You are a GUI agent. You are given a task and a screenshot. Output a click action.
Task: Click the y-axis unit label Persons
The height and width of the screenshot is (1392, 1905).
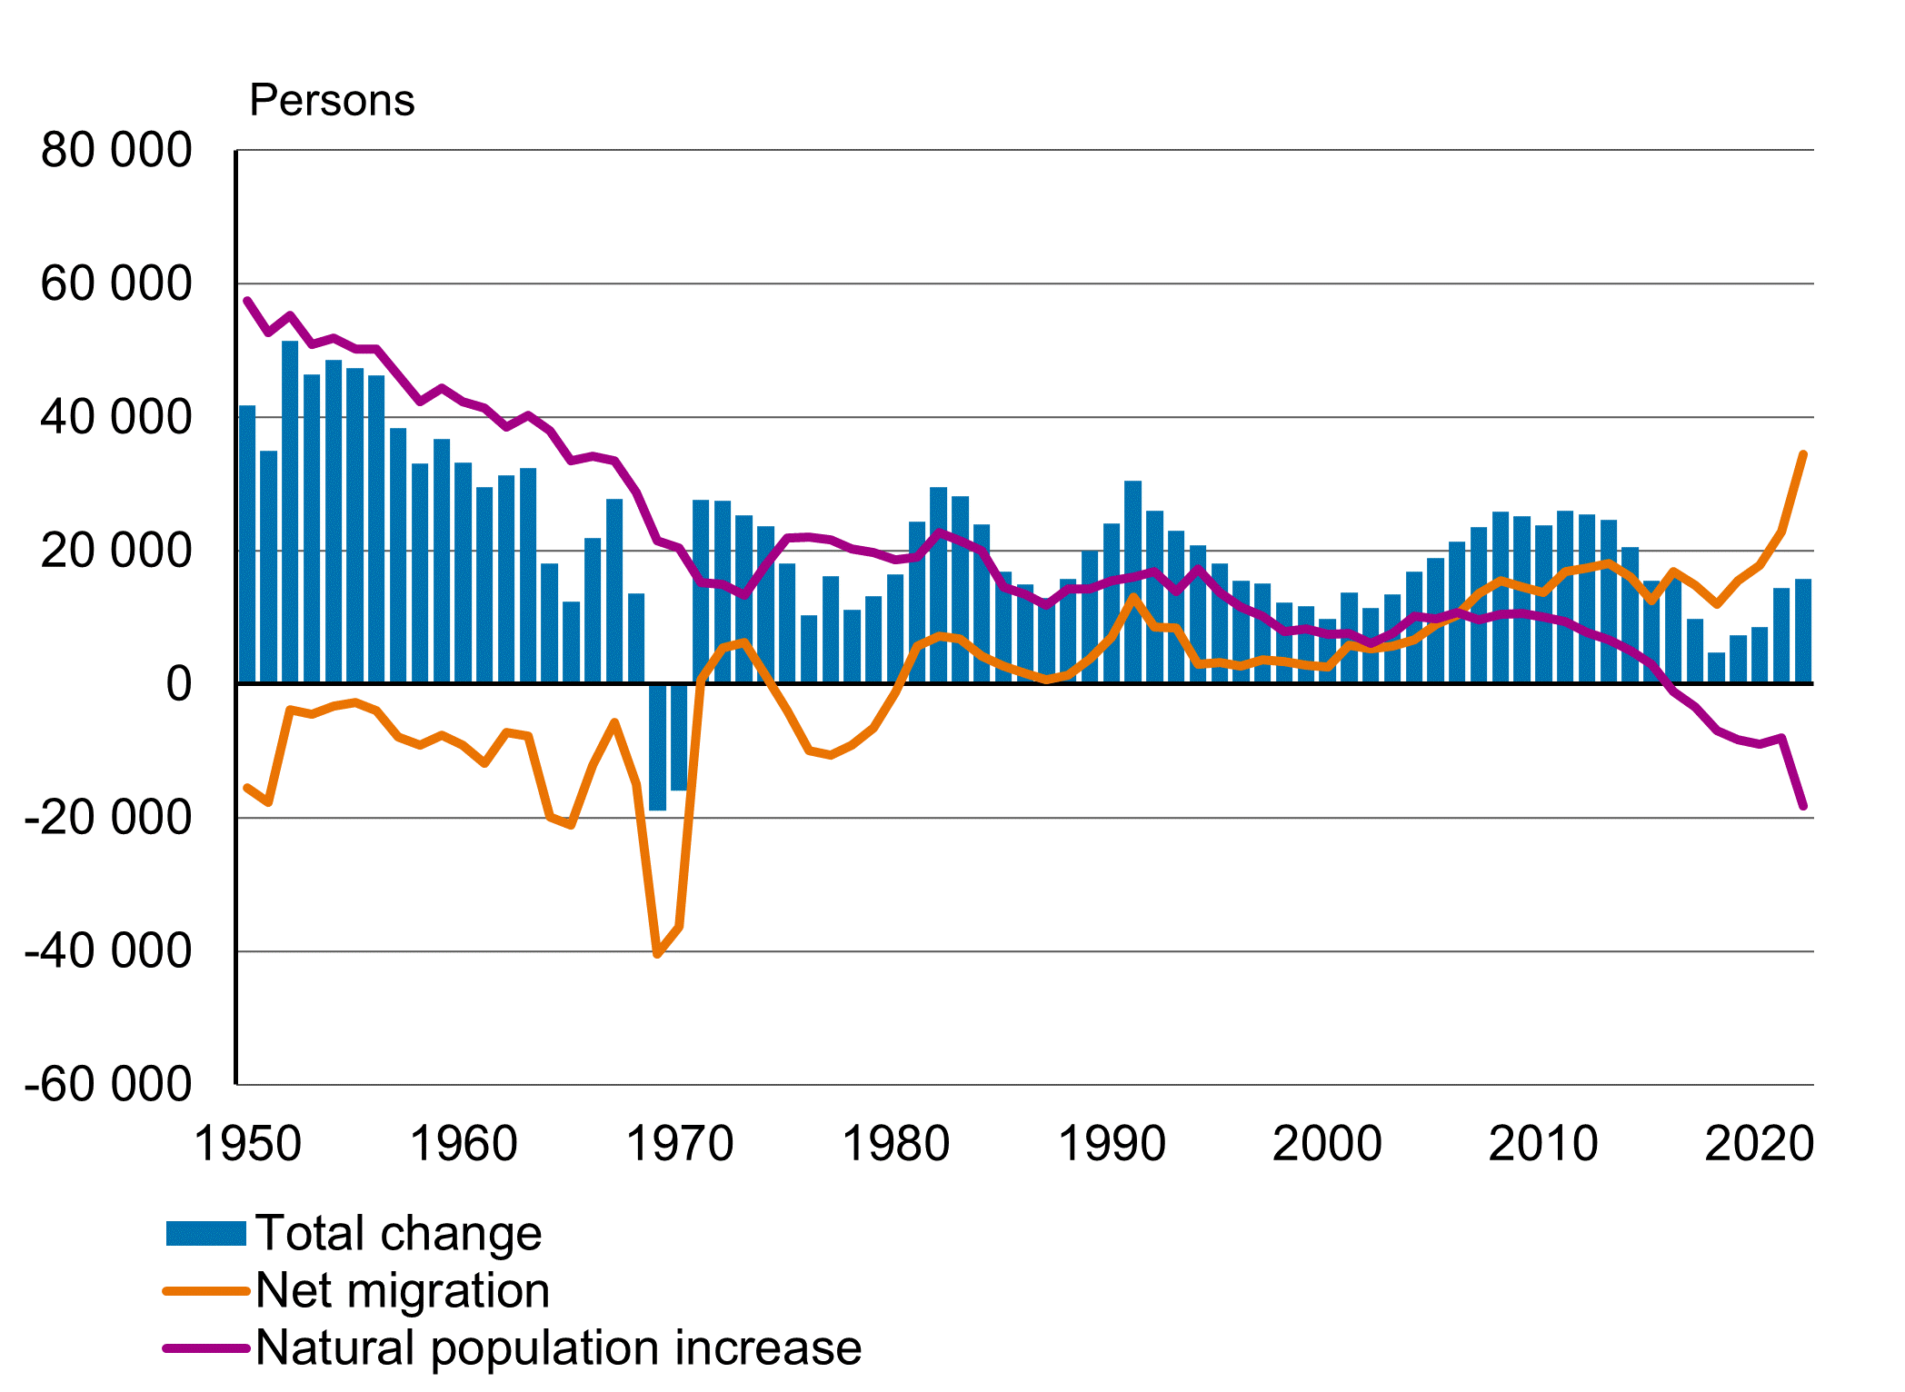click(332, 100)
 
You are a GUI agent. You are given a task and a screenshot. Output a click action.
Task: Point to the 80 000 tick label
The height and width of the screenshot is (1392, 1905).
click(116, 150)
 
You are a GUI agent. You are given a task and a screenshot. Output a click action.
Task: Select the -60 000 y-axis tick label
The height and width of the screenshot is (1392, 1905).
click(108, 1084)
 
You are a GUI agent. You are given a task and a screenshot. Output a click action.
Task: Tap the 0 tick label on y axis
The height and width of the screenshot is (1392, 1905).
click(179, 684)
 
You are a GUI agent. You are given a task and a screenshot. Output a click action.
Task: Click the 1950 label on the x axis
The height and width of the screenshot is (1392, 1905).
click(247, 1143)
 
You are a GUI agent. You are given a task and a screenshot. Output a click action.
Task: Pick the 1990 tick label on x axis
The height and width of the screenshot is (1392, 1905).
click(1112, 1143)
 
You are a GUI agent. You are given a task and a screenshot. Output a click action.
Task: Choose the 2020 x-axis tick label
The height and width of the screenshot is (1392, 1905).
click(1759, 1143)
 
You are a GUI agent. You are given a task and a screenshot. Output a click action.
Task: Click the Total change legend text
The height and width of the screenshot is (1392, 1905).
click(398, 1233)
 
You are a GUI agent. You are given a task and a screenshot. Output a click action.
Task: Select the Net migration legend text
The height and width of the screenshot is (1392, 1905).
click(403, 1290)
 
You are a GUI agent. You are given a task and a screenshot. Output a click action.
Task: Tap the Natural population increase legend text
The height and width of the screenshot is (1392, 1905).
click(558, 1347)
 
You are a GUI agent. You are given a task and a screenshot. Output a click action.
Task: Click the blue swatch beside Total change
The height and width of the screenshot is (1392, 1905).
click(206, 1234)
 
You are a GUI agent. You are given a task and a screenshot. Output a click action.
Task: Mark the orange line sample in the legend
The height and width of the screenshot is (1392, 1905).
click(206, 1291)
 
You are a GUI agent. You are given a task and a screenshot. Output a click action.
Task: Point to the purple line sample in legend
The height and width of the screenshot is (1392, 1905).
click(206, 1348)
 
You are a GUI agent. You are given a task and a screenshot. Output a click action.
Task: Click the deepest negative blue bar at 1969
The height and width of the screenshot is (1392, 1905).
click(657, 747)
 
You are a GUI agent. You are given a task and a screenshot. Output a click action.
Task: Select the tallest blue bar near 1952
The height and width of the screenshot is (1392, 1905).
click(290, 512)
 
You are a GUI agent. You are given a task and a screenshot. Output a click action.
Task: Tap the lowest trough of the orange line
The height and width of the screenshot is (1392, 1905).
click(657, 954)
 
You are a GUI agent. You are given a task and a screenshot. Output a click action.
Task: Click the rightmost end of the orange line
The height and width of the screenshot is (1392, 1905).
click(1803, 454)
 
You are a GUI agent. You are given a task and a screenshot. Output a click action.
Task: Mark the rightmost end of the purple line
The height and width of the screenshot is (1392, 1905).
click(1803, 806)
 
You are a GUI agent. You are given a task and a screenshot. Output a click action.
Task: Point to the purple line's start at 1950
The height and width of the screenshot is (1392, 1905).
click(247, 301)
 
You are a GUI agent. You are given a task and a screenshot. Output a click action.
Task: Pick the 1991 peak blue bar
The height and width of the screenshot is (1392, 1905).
click(1132, 582)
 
